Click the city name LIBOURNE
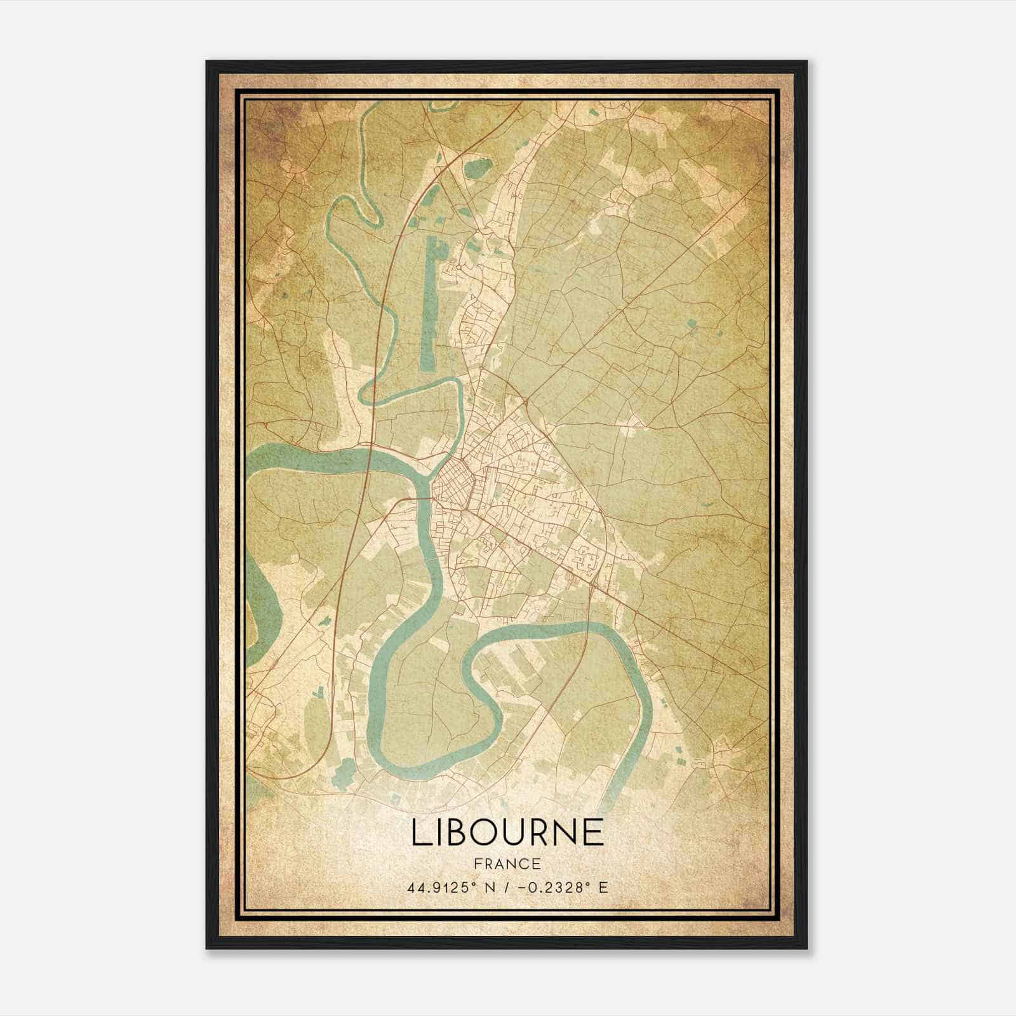click(507, 832)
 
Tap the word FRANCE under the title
click(507, 864)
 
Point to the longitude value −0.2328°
click(557, 887)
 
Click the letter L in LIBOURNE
click(420, 832)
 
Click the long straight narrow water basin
click(429, 305)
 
